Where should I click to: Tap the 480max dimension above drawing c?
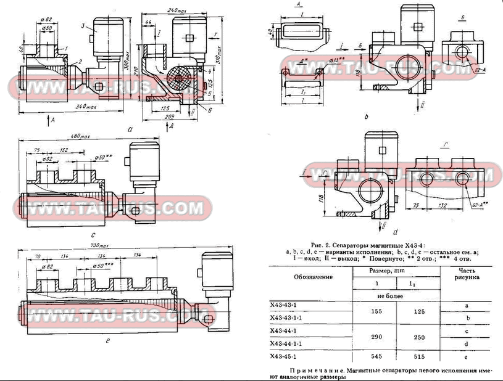[x=81, y=136]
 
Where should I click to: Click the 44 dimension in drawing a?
[x=149, y=23]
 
